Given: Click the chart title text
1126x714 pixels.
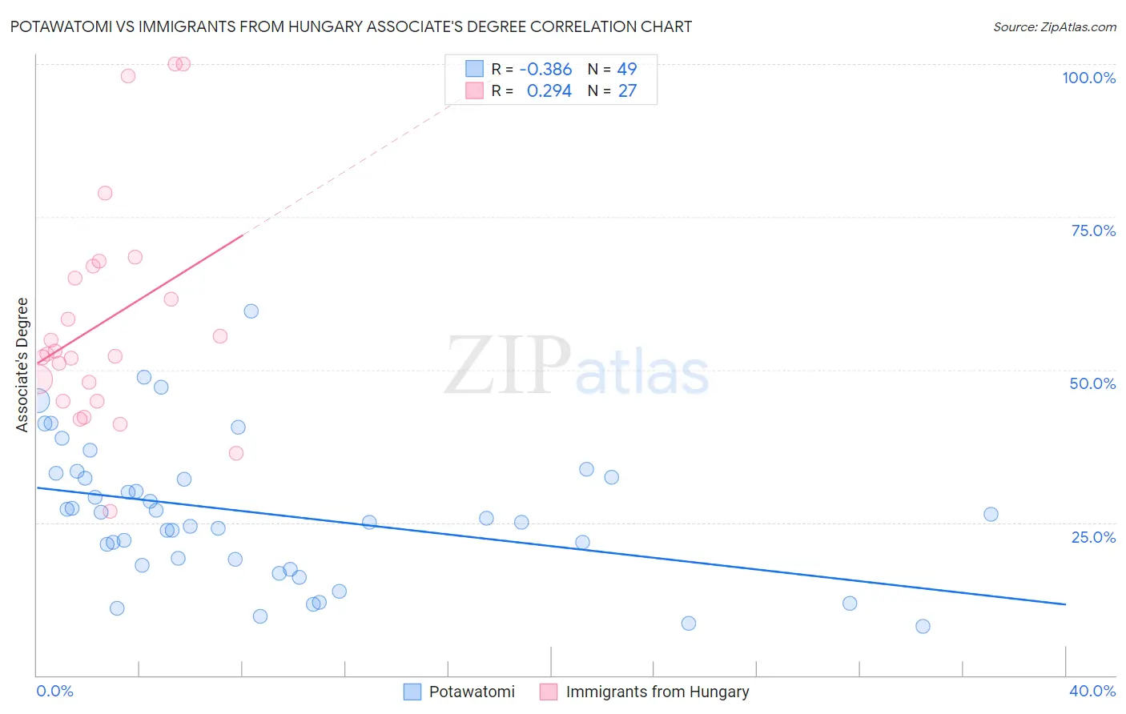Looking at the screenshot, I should (x=351, y=26).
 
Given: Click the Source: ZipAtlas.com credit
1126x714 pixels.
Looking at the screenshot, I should (x=1054, y=26).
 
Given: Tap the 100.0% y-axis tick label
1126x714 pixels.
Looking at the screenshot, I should (x=1088, y=78).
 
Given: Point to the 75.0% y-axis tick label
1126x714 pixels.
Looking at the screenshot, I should (x=1093, y=231).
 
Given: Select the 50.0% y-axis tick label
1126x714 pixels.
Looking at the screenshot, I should (x=1092, y=383).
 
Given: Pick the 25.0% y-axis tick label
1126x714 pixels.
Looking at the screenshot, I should (x=1093, y=537).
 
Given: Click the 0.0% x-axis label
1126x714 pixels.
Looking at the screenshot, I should (x=54, y=691).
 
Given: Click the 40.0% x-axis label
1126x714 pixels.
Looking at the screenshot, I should (x=1092, y=691).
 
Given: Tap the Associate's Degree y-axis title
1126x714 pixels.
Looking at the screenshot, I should (x=22, y=365).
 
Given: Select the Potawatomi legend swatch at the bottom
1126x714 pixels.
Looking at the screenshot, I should (x=412, y=692).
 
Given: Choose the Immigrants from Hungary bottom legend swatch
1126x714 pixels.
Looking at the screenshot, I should (x=549, y=692).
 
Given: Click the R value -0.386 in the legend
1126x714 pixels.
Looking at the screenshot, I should (x=545, y=69).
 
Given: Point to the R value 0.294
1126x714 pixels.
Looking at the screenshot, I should (x=549, y=91).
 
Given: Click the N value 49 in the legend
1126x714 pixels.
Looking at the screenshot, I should (x=627, y=69).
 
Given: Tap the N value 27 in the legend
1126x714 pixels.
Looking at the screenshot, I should (x=627, y=91).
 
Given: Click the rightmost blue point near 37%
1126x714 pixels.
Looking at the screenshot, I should (x=991, y=515).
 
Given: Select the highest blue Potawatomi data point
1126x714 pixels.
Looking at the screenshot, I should (x=251, y=311).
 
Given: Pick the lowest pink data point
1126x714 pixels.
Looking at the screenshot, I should (x=111, y=511).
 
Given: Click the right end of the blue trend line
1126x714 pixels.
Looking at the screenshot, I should (x=1065, y=604).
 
